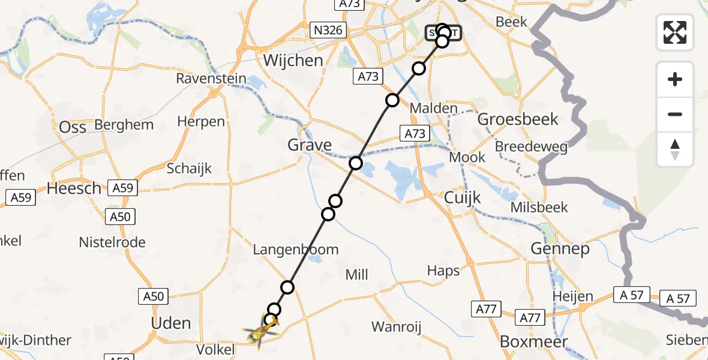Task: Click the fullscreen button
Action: tap(675, 32)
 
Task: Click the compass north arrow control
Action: tap(675, 149)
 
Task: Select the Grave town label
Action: tap(310, 145)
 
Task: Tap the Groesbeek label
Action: tap(518, 119)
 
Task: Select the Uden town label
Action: tap(172, 323)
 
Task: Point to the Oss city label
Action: tap(73, 127)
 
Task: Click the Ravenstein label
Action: tap(211, 79)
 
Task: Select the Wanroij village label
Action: tap(397, 327)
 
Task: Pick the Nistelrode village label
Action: tap(112, 242)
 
